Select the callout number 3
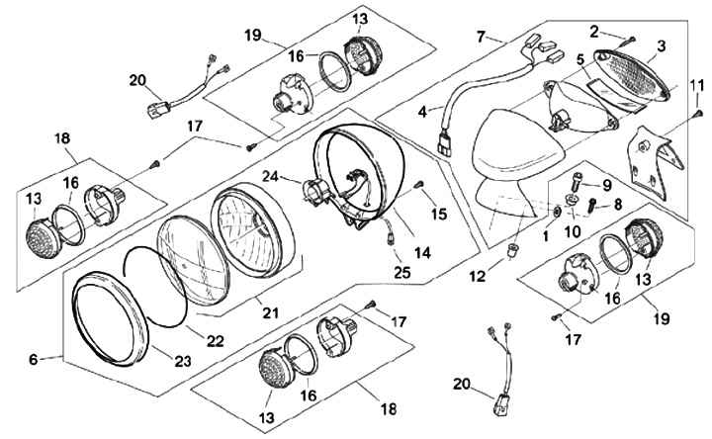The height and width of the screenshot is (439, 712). point(661,45)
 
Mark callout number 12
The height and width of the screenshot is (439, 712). point(478,276)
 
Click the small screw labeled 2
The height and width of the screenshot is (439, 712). point(632,39)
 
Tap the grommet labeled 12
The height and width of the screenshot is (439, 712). point(514,250)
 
